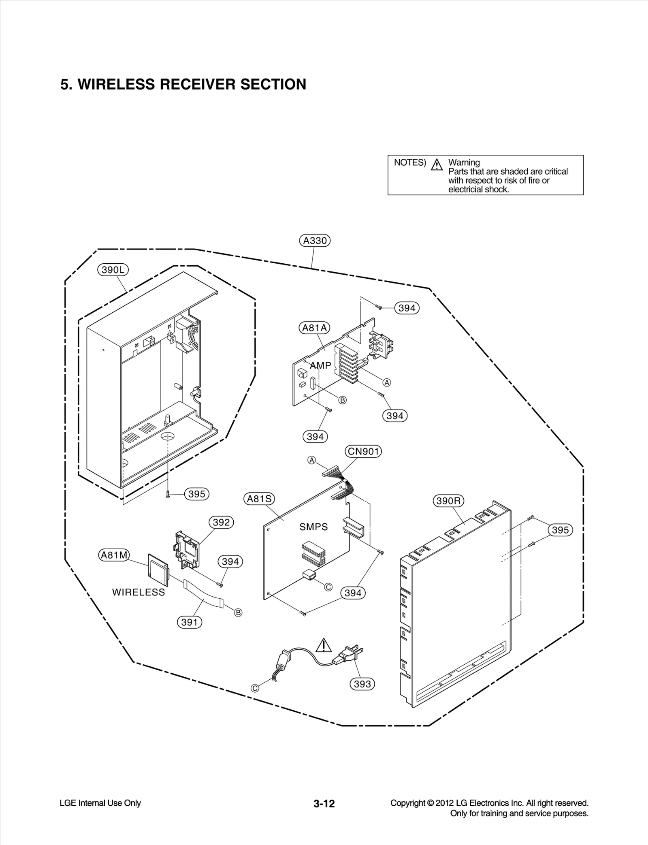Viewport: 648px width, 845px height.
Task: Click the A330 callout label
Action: tap(315, 241)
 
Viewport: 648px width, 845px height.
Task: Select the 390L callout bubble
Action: tap(113, 270)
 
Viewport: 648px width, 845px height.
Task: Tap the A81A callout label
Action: tap(315, 328)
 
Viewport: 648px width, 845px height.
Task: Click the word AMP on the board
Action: tap(321, 365)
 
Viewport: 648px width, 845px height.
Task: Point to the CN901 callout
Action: tap(363, 451)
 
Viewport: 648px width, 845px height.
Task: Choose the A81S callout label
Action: tap(259, 499)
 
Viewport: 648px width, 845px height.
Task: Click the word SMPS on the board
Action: tap(313, 527)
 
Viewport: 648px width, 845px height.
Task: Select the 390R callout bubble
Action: tap(448, 501)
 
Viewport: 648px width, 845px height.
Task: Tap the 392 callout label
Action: tap(221, 523)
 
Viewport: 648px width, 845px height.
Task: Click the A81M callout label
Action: tap(114, 555)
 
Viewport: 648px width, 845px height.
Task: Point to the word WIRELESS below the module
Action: tap(139, 592)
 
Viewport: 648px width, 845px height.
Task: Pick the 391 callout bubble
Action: tap(190, 622)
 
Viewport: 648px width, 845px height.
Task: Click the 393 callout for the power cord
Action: tap(362, 684)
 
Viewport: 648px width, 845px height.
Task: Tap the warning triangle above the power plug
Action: tap(323, 645)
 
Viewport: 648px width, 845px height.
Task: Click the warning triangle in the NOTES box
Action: tap(437, 165)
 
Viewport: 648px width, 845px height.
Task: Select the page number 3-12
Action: tap(324, 804)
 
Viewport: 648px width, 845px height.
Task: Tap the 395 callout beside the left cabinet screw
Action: tap(197, 494)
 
